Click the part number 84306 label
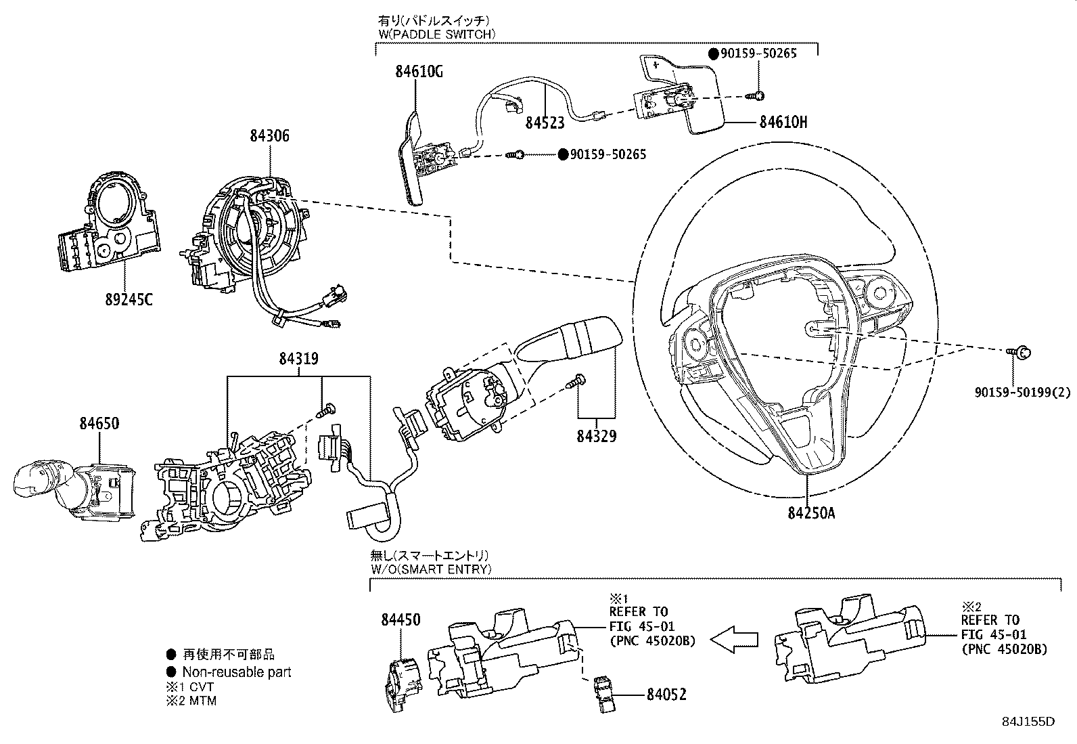point(269,135)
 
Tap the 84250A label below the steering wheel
point(810,513)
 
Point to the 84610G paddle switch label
point(419,72)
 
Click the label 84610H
point(783,122)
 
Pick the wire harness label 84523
point(545,123)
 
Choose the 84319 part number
point(298,359)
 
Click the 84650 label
point(99,424)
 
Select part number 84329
point(596,436)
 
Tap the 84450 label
point(400,619)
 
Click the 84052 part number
point(666,695)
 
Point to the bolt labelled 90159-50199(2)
point(1022,351)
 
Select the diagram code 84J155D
point(1028,721)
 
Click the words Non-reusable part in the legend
point(237,672)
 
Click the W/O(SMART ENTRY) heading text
point(431,569)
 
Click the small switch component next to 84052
point(604,693)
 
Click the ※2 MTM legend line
point(192,701)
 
